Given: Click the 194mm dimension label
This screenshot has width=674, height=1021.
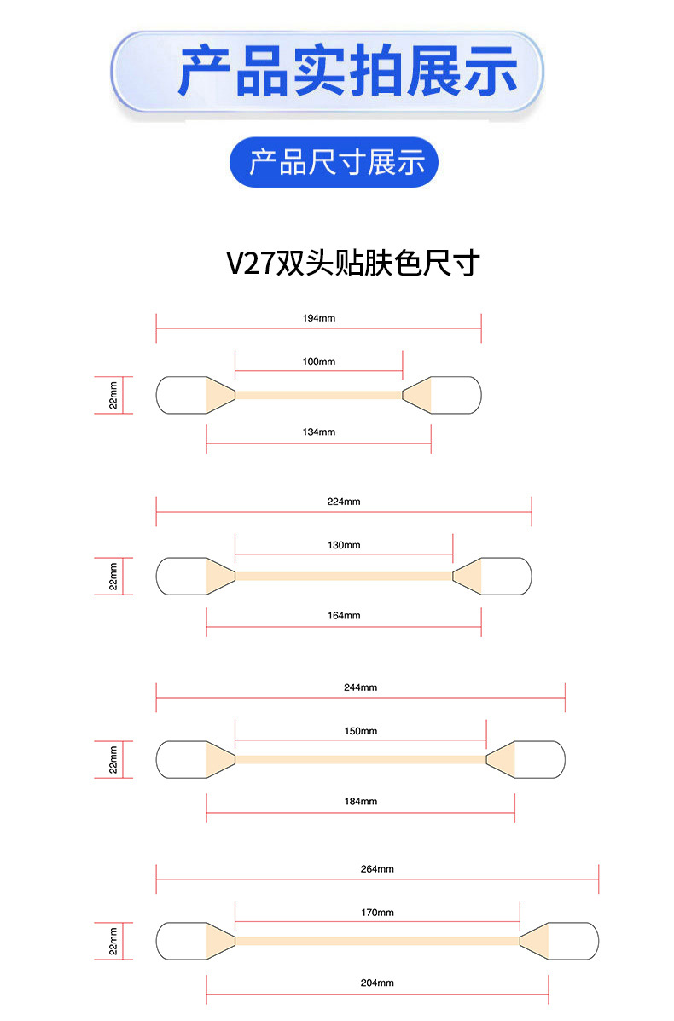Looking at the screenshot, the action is [318, 317].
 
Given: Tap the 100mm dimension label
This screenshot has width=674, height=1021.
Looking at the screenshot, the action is [318, 362].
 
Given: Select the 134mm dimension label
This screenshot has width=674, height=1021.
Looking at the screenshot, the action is [318, 432].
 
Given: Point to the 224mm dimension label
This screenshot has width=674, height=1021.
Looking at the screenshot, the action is [344, 502].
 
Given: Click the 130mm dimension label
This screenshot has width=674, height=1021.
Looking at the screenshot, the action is [344, 545].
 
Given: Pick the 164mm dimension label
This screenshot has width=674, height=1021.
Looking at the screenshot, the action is [344, 616].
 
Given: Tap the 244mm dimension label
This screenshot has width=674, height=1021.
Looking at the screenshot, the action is [361, 687].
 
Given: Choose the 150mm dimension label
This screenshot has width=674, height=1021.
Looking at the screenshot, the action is [361, 731].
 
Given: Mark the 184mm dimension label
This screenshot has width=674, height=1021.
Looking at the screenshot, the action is [361, 802].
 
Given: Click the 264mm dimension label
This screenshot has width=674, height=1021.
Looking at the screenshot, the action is [377, 869].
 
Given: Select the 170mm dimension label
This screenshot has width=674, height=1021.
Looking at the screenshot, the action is [377, 913].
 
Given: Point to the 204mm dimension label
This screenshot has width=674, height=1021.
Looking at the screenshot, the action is [377, 983].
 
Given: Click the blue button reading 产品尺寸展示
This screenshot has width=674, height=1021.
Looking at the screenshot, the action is [335, 162].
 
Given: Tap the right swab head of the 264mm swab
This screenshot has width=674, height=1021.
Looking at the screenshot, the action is [571, 941].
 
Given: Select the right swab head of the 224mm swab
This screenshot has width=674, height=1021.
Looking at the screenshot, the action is [503, 576].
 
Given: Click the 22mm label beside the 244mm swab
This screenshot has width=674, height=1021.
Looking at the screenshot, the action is [113, 759].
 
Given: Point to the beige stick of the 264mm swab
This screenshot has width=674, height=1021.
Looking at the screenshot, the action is [377, 941].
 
